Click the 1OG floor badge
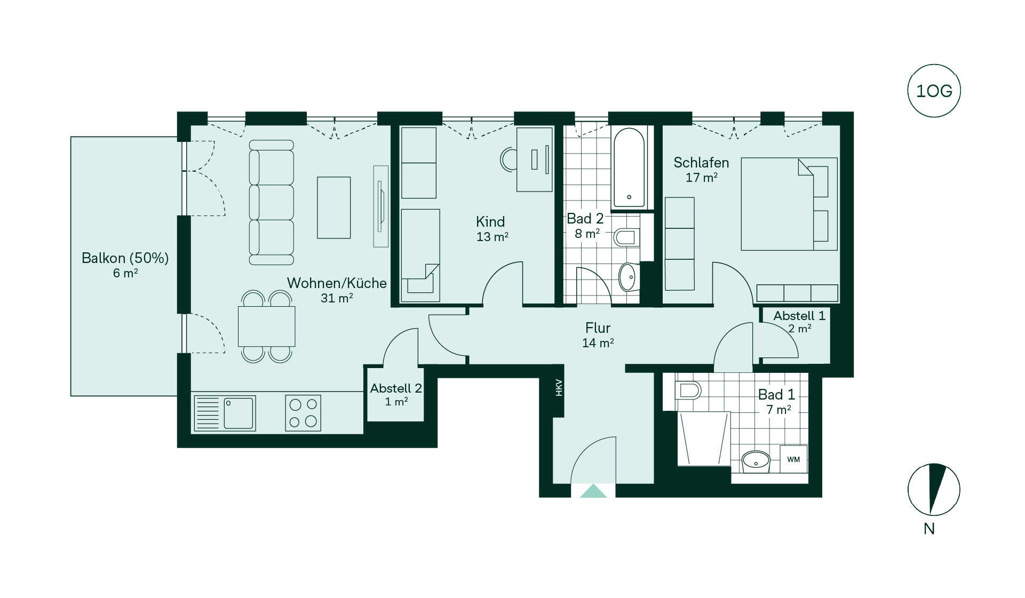click(934, 91)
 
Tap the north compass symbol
click(934, 489)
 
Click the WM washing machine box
click(793, 459)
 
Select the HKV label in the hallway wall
click(559, 387)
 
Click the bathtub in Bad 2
click(629, 168)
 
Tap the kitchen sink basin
click(239, 413)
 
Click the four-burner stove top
click(303, 413)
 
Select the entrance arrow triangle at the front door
click(593, 491)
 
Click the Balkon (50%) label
click(125, 258)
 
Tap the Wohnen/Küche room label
click(337, 283)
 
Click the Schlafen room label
click(701, 162)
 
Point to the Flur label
click(598, 328)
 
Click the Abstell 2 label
click(396, 388)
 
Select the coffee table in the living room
click(334, 208)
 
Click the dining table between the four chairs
click(266, 326)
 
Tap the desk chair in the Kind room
click(508, 159)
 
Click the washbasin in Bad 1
click(756, 460)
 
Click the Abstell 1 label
click(799, 316)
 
